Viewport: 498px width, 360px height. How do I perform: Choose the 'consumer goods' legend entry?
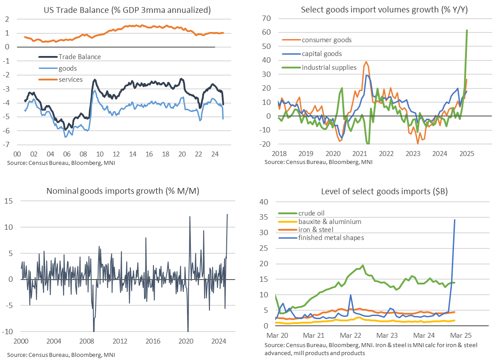coord(327,40)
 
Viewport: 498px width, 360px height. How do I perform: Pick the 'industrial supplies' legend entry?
coord(329,68)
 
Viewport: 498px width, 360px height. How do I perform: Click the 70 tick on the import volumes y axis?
coord(267,19)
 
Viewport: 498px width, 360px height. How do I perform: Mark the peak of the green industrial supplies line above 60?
coord(467,30)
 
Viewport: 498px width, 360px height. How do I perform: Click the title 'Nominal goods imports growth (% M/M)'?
coord(123,192)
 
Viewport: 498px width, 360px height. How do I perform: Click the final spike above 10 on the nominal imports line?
coord(228,214)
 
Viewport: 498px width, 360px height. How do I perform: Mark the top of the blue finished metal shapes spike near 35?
coord(454,220)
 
